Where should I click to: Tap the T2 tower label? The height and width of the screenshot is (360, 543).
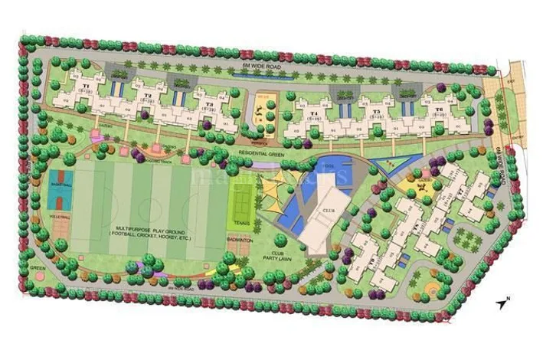click(x=146, y=97)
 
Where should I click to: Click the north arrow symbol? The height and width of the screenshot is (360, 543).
click(x=502, y=303)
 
